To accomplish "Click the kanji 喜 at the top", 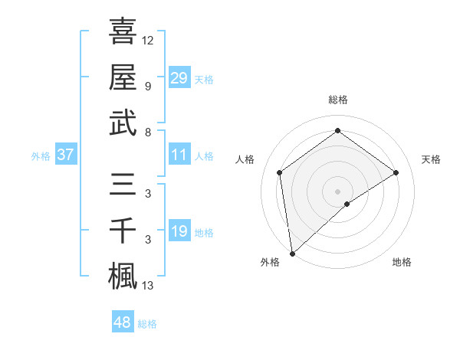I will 123,31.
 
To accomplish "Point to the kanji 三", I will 123,185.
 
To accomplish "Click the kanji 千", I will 123,231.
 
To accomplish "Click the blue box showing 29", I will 179,77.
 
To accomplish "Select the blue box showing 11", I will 179,155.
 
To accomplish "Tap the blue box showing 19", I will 179,231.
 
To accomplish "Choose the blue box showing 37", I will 66,155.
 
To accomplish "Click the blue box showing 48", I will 123,322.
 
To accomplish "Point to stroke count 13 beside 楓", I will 149,286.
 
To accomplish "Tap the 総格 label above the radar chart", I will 338,100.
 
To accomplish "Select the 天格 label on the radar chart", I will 432,159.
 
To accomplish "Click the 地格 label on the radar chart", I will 402,262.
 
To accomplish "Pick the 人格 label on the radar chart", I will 245,159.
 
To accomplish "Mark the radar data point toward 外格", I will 292,253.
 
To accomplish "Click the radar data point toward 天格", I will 396,172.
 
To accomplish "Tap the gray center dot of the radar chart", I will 338,191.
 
